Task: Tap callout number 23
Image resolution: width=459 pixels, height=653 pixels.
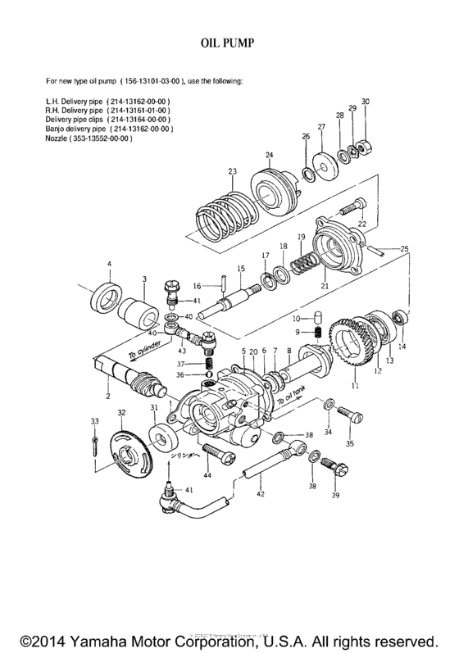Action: click(233, 171)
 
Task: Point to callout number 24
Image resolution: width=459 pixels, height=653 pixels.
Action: click(269, 154)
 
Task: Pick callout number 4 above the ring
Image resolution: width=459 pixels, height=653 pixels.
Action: click(108, 263)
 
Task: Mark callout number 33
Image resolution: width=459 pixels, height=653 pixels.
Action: click(94, 420)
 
